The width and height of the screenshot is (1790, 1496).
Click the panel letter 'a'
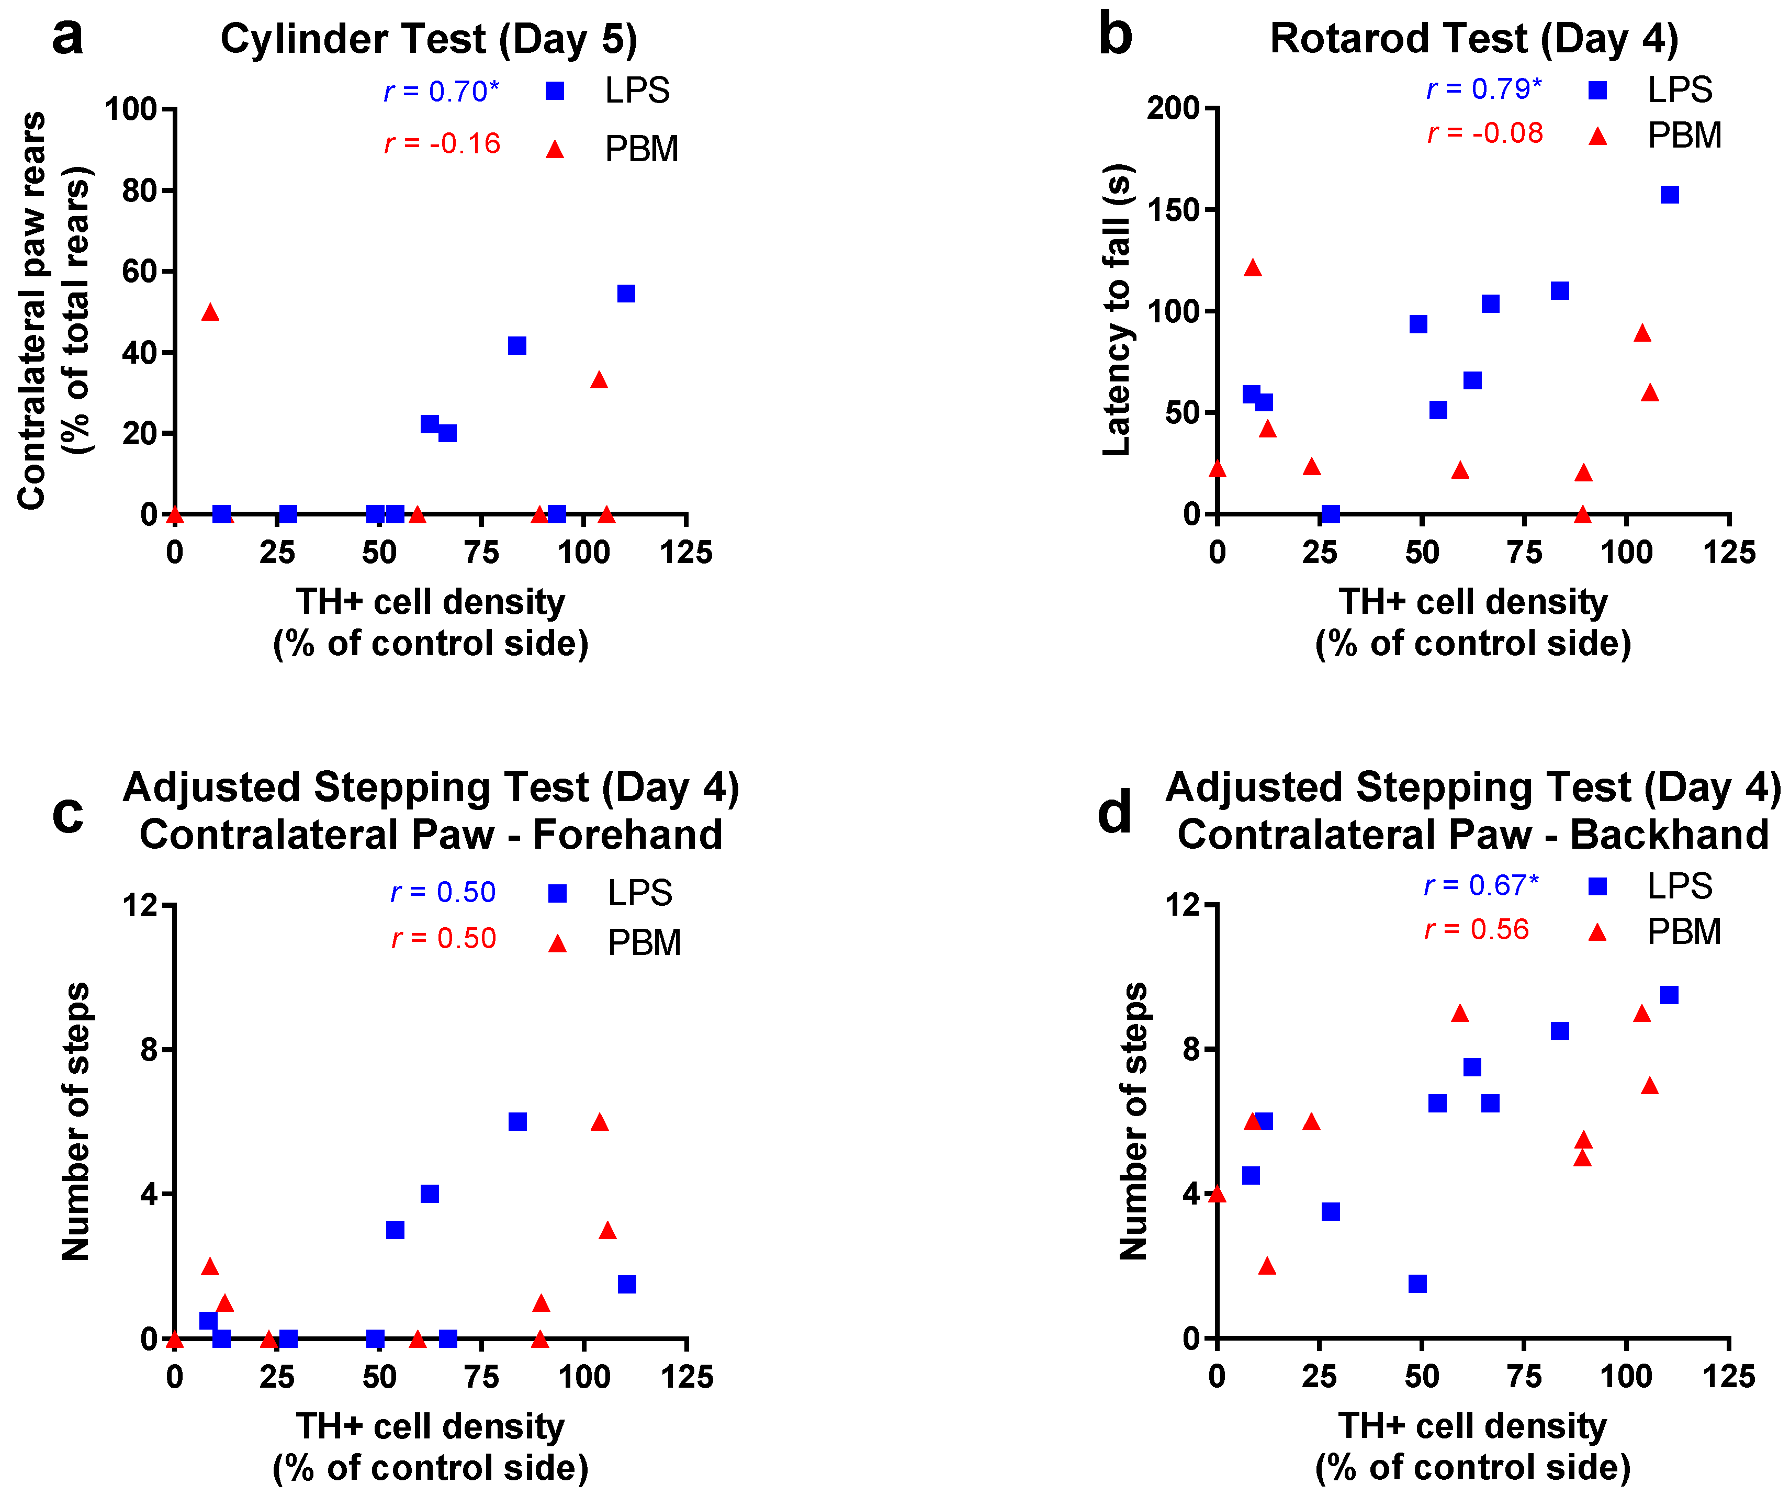point(67,38)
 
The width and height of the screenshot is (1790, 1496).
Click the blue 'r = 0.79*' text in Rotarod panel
point(1484,88)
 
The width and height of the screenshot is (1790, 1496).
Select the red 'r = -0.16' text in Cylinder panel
point(442,143)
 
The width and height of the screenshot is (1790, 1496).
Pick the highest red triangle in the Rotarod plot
point(1252,268)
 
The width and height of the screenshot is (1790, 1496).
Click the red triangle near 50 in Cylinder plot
point(210,312)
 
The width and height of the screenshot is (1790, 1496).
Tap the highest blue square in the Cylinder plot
point(626,293)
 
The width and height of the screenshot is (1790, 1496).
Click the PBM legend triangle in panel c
point(557,943)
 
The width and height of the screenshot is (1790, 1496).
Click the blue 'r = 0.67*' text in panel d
point(1481,886)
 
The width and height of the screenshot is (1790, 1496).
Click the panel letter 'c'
point(67,814)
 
